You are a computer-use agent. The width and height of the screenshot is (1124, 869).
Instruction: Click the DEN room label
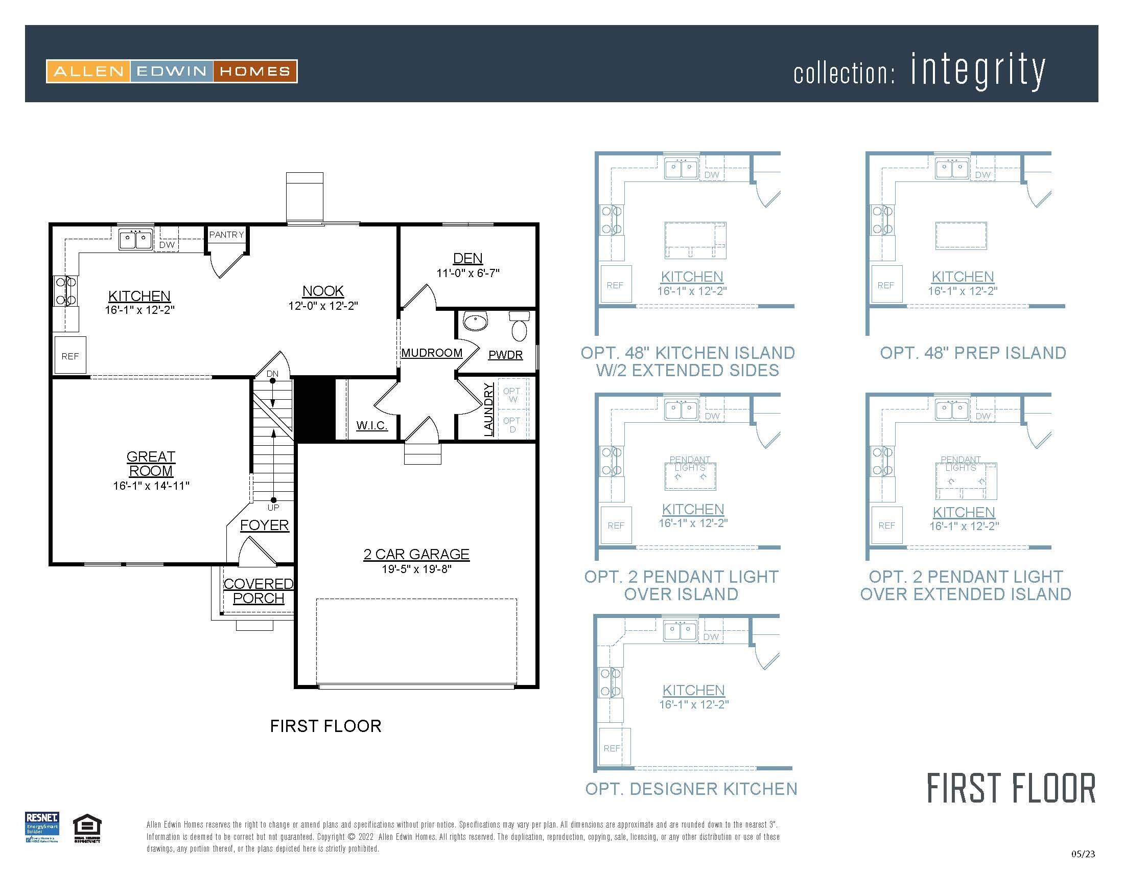click(467, 259)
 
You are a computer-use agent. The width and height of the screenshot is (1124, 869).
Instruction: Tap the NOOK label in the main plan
click(323, 291)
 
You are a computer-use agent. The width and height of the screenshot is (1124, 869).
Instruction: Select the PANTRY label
click(226, 235)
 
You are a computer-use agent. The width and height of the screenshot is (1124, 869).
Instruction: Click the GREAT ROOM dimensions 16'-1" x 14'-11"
click(151, 485)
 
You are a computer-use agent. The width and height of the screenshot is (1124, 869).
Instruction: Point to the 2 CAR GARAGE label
click(416, 554)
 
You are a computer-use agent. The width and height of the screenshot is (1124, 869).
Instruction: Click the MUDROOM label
click(432, 353)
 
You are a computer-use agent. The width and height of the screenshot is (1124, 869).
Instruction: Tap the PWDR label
click(505, 355)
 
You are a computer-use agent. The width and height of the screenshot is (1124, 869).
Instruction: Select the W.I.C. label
click(371, 425)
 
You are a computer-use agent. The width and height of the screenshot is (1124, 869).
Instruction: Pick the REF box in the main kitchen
click(70, 355)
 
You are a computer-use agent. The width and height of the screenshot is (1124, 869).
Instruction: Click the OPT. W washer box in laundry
click(512, 395)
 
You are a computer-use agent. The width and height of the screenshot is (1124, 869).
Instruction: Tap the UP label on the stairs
click(273, 508)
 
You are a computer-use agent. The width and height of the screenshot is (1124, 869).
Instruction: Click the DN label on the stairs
click(272, 374)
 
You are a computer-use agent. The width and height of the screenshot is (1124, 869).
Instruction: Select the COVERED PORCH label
click(259, 591)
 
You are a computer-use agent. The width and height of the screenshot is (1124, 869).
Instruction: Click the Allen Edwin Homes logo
click(172, 71)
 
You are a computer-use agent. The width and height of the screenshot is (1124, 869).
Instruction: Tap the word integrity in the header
click(978, 71)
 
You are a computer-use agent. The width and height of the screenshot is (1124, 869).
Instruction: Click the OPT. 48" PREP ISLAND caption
click(973, 353)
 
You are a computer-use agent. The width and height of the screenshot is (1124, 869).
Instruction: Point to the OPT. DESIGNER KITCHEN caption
click(691, 789)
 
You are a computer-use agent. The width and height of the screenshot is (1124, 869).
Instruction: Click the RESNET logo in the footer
click(42, 827)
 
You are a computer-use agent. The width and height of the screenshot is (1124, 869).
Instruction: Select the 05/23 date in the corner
click(1083, 854)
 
